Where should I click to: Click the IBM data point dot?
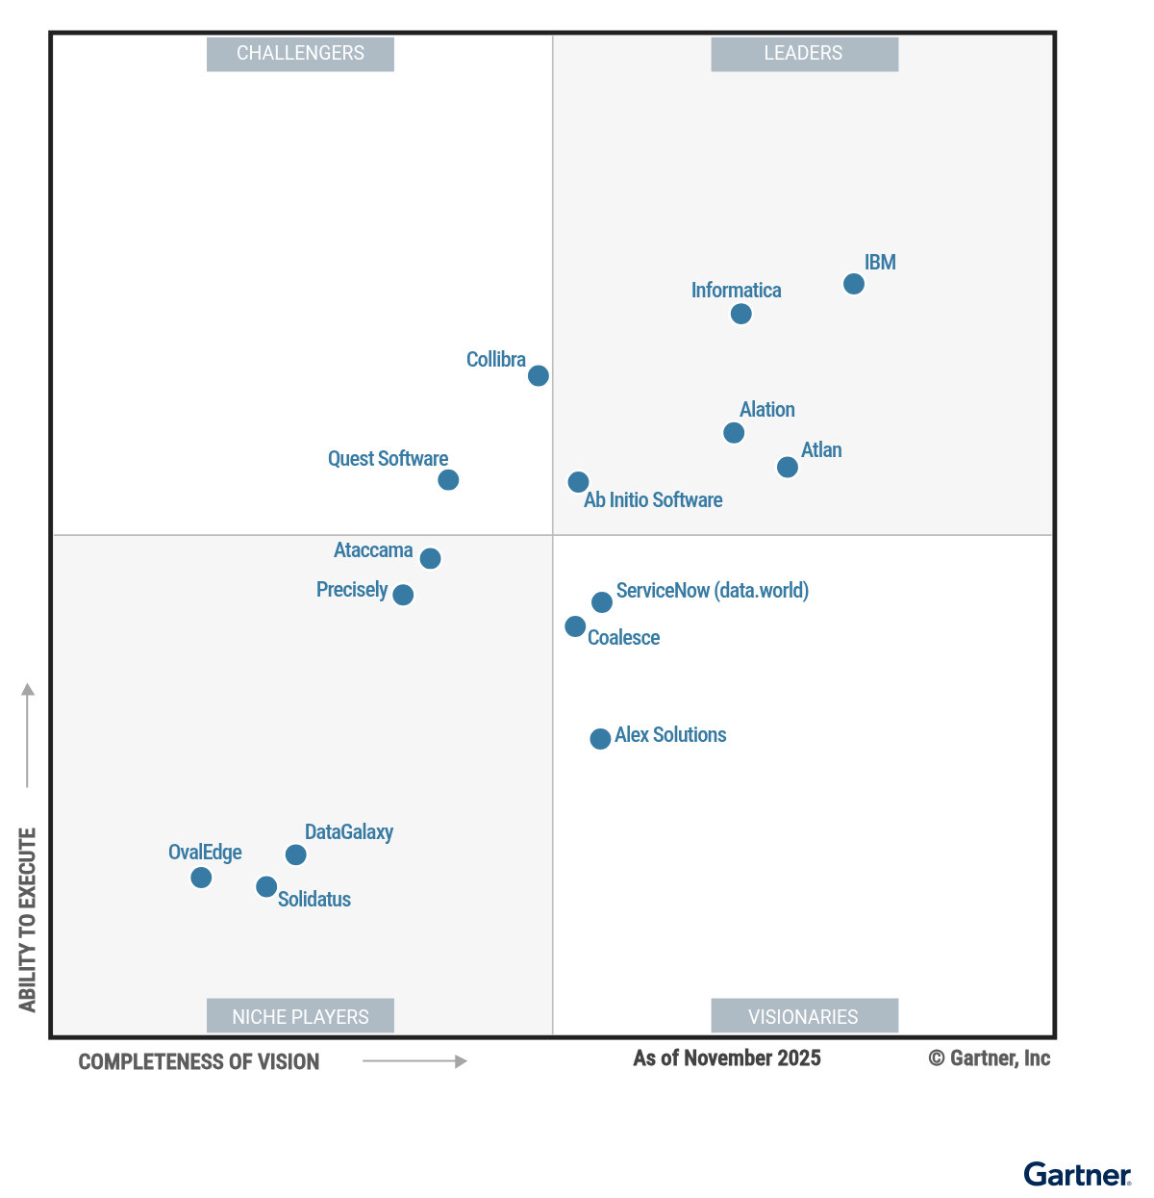tap(853, 284)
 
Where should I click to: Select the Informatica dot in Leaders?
tap(740, 314)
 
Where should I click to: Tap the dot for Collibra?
tap(539, 375)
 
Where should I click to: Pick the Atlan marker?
tap(787, 467)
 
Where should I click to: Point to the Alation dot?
tap(734, 433)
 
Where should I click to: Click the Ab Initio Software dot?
tap(578, 482)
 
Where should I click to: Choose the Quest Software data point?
tap(448, 479)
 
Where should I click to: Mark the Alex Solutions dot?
tap(600, 739)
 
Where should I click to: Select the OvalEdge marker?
tap(201, 878)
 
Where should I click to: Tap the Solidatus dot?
tap(266, 887)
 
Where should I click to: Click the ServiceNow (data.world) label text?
tap(712, 591)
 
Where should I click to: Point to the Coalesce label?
tap(623, 638)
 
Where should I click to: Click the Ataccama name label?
tap(373, 550)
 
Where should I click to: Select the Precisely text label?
tap(352, 590)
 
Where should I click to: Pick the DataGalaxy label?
tap(348, 832)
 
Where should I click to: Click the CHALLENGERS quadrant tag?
tap(300, 54)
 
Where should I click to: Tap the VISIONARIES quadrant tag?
tap(804, 1016)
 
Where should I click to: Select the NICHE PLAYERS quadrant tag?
tap(300, 1016)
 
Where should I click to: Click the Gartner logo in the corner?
tap(1077, 1175)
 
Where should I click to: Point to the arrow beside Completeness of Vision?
tap(414, 1061)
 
